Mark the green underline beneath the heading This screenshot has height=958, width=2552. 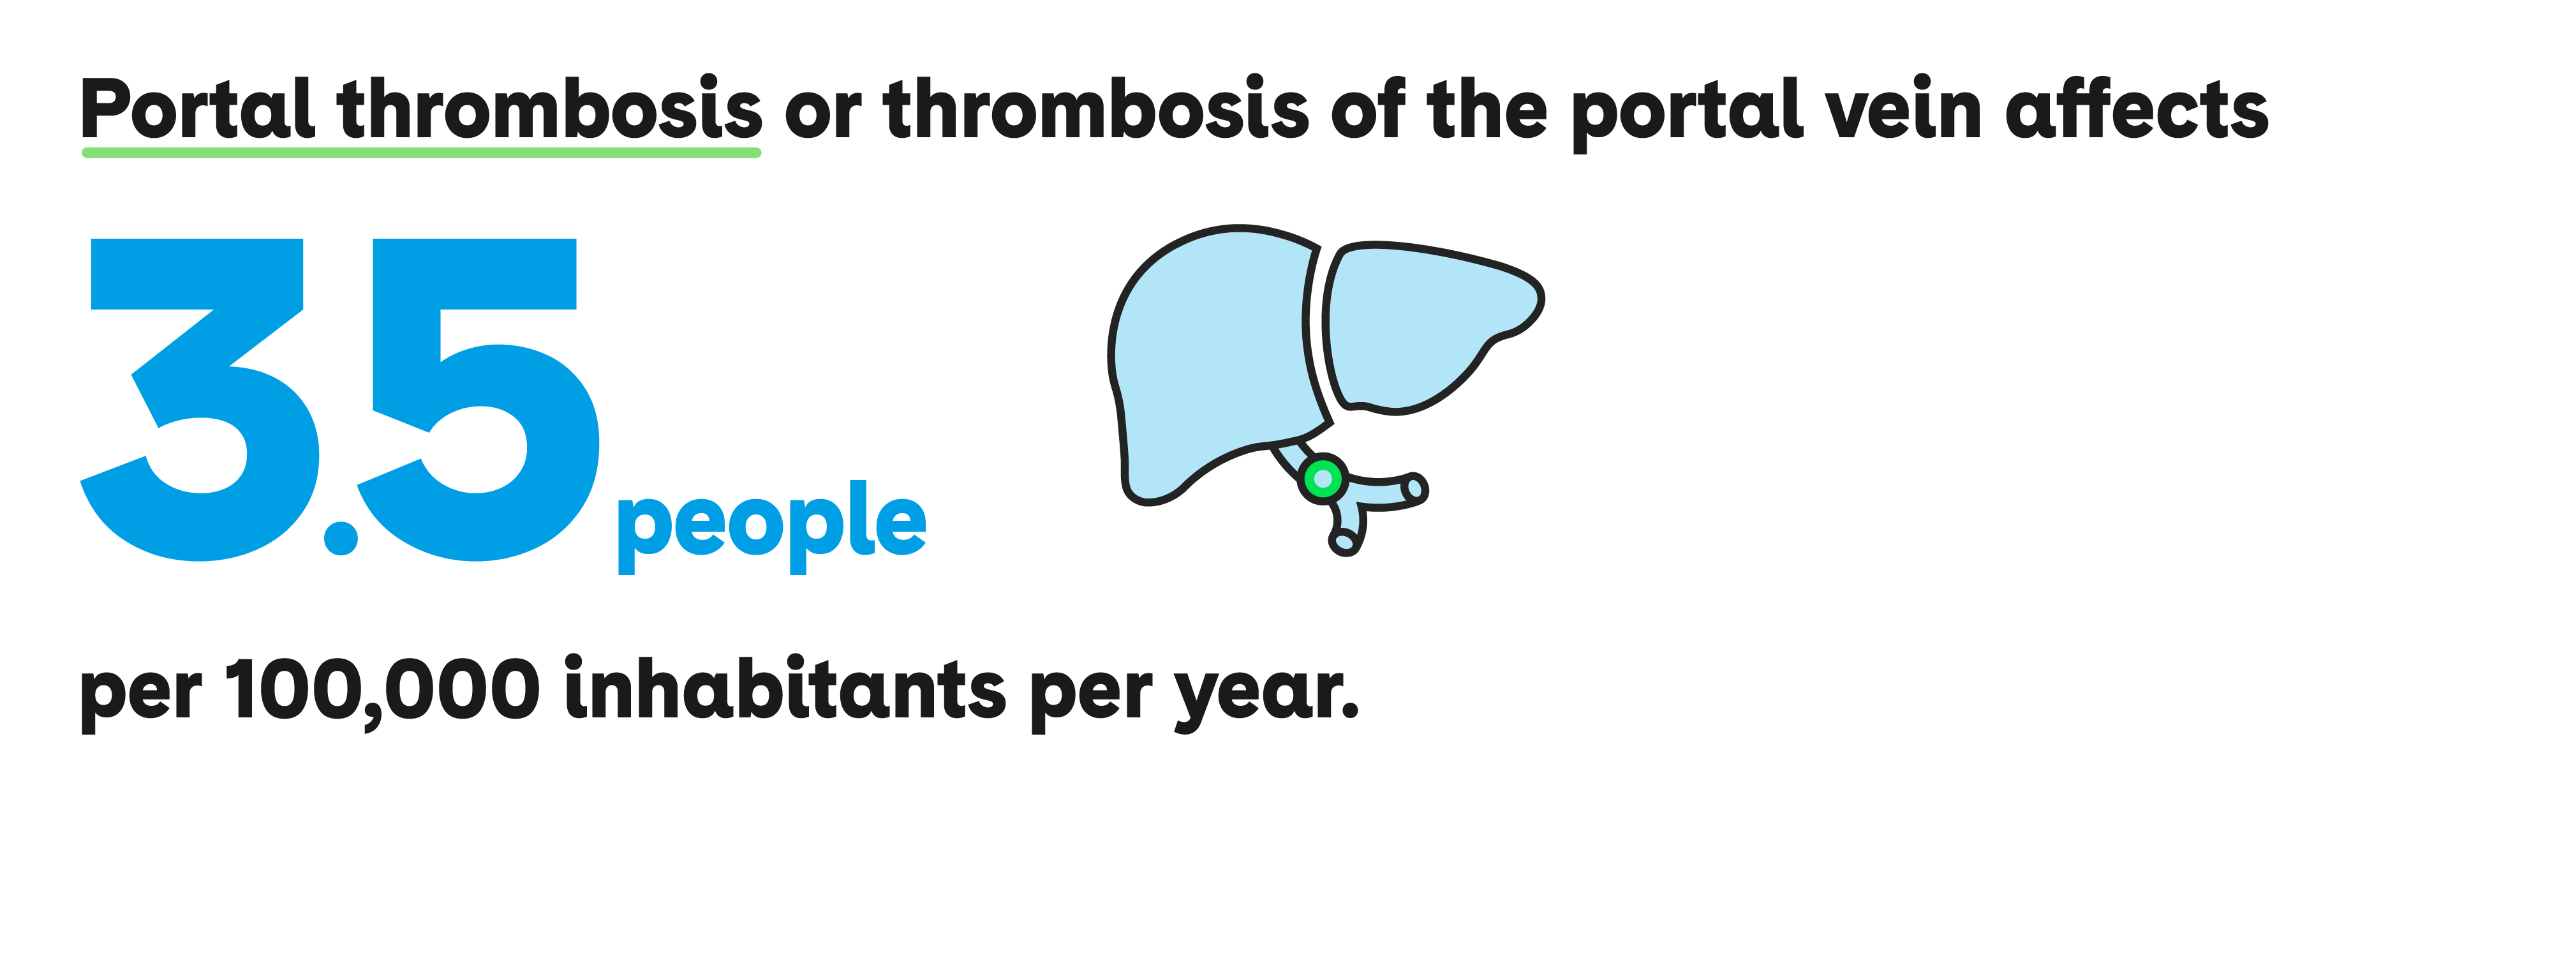coord(421,153)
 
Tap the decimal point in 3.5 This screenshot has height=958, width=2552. coord(341,538)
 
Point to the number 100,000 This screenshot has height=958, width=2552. coord(383,691)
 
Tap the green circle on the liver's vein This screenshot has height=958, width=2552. coord(1323,479)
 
